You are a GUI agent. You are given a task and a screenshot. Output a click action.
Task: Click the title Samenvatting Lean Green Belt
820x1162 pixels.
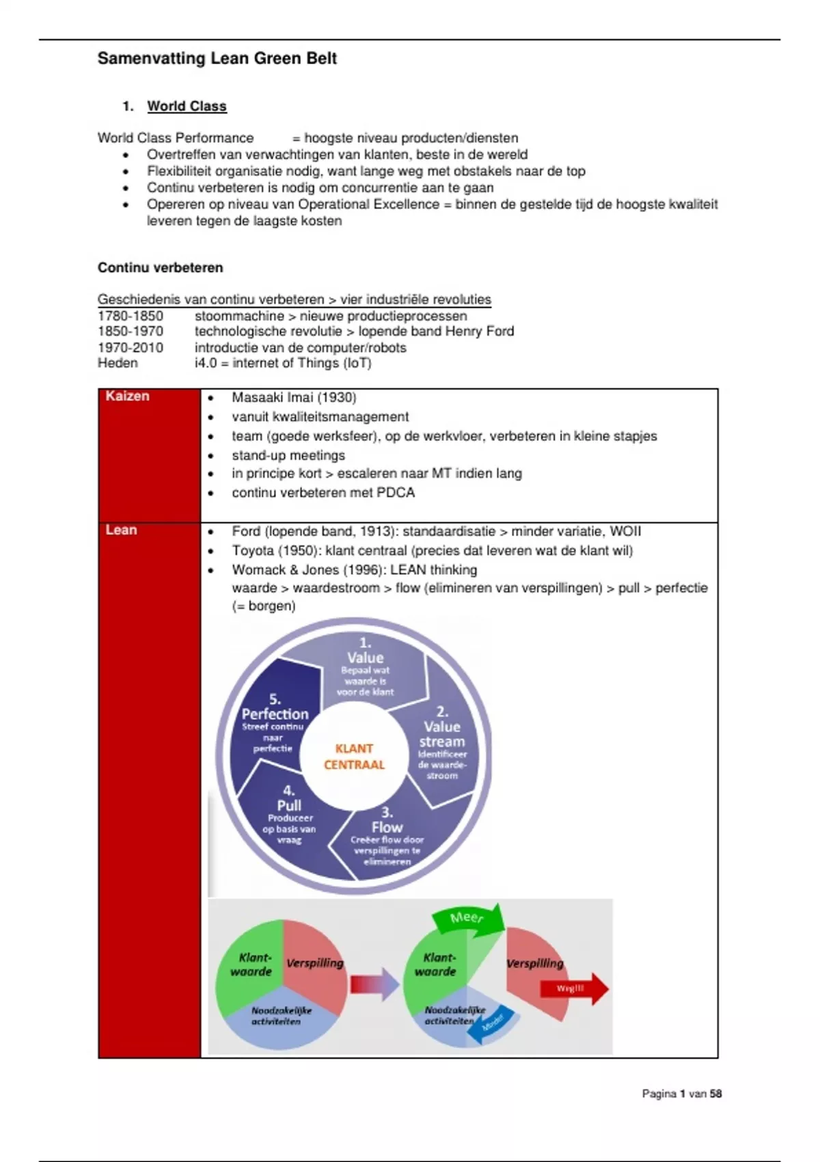click(217, 59)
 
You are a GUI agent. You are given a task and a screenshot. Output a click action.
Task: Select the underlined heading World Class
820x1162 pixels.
click(187, 106)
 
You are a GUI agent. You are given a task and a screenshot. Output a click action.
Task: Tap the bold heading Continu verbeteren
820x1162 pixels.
click(160, 267)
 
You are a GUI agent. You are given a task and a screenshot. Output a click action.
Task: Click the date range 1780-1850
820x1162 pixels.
click(131, 316)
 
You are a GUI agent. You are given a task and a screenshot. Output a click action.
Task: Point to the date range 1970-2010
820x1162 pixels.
click(131, 347)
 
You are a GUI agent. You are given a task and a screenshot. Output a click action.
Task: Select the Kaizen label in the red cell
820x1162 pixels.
click(127, 396)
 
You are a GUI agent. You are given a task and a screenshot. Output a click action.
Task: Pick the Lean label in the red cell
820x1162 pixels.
click(121, 530)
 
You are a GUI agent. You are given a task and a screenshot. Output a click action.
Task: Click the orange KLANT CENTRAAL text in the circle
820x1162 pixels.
click(354, 757)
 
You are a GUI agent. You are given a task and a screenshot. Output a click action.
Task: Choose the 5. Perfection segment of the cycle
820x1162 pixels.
click(275, 714)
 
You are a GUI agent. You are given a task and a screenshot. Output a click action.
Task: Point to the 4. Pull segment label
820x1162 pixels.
click(289, 807)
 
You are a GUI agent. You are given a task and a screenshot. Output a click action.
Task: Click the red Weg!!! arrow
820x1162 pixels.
click(573, 988)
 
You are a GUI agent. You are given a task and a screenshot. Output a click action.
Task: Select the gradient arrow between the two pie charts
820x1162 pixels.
click(374, 984)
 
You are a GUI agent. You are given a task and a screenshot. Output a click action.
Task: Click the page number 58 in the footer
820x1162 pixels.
click(715, 1094)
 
